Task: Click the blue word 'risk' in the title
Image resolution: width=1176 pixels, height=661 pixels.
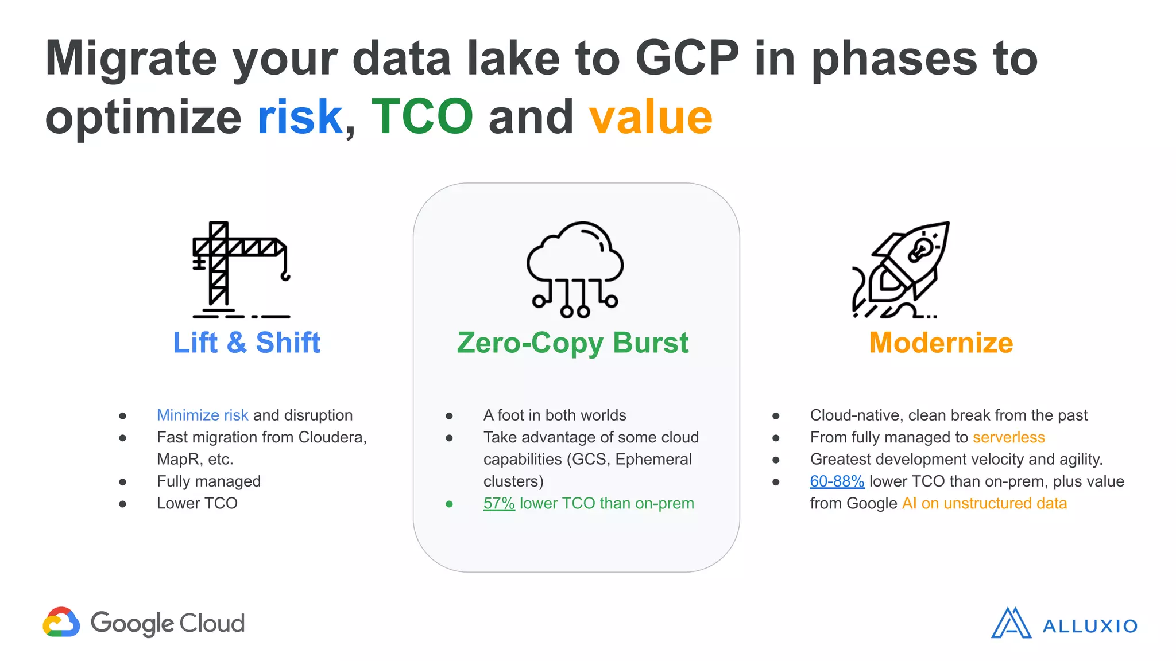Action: pyautogui.click(x=300, y=117)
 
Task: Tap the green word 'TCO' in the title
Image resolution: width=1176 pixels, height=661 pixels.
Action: pyautogui.click(x=422, y=117)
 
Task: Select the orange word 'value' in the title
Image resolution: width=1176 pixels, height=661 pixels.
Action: pyautogui.click(x=651, y=117)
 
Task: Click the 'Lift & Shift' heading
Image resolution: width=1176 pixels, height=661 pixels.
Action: pyautogui.click(x=246, y=343)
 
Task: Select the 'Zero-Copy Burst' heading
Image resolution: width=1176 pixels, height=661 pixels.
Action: pyautogui.click(x=572, y=343)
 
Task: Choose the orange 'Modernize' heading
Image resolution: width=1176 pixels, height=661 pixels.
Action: pyautogui.click(x=941, y=343)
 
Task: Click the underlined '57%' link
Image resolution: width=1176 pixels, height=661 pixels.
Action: pyautogui.click(x=498, y=503)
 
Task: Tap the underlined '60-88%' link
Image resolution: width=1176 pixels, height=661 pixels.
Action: pyautogui.click(x=837, y=481)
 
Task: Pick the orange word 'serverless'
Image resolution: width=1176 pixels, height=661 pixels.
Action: pyautogui.click(x=1008, y=437)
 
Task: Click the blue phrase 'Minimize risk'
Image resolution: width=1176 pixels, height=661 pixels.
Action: pyautogui.click(x=202, y=415)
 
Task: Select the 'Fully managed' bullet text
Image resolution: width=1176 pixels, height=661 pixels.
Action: pyautogui.click(x=208, y=481)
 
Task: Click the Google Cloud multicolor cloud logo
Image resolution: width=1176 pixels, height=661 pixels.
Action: pyautogui.click(x=61, y=623)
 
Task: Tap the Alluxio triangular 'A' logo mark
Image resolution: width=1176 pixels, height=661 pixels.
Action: pyautogui.click(x=1011, y=623)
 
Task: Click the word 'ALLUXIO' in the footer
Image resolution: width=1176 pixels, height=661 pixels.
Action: pyautogui.click(x=1089, y=626)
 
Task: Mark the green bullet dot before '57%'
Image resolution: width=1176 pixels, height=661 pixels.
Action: pyautogui.click(x=449, y=504)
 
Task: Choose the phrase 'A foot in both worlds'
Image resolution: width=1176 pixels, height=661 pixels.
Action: pyautogui.click(x=554, y=415)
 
